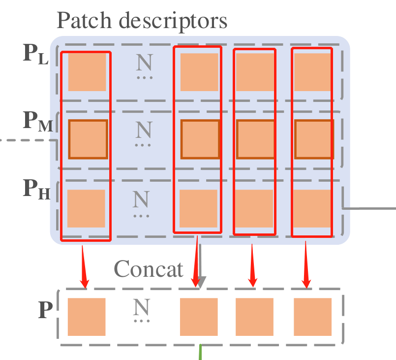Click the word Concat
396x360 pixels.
tap(149, 269)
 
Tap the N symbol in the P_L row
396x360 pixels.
tap(144, 63)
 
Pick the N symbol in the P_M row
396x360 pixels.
tap(144, 131)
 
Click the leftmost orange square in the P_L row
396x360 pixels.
tap(87, 72)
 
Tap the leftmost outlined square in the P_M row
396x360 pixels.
tap(88, 139)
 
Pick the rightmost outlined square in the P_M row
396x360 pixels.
tap(314, 139)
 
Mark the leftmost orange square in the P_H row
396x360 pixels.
tap(86, 208)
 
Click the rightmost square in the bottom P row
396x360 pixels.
tap(313, 317)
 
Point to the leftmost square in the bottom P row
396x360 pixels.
tap(87, 317)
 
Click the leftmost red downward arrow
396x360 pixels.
tap(84, 266)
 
